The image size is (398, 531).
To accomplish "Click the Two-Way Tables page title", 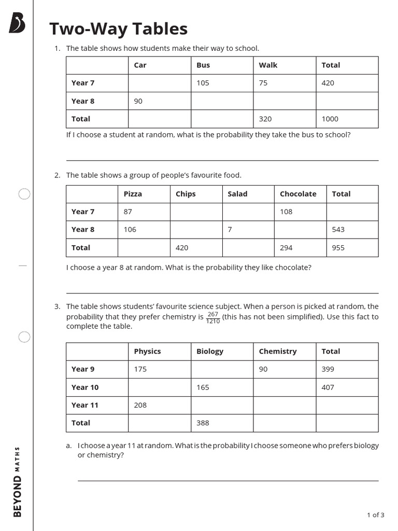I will (118, 29).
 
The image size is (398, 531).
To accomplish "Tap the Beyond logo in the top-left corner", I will (17, 23).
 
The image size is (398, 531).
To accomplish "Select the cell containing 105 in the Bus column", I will (203, 83).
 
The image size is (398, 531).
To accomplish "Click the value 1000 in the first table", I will (330, 119).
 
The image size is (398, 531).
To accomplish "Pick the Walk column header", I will (268, 65).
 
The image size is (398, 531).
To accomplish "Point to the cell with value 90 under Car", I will (138, 101).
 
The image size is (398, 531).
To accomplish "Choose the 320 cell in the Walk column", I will (265, 119).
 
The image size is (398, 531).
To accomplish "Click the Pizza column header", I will (133, 194).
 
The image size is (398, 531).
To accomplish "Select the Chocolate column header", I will (298, 194).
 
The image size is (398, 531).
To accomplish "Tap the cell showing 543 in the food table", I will (338, 229).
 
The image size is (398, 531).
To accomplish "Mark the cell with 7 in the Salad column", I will (230, 229).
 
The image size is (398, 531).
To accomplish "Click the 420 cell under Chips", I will (182, 248).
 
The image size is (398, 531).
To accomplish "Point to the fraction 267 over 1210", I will (212, 317).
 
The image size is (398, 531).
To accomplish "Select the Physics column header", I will (147, 352).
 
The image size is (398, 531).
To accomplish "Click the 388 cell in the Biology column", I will (203, 423).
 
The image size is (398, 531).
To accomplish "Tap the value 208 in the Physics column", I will (140, 405).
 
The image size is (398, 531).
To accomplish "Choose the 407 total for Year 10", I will (328, 387).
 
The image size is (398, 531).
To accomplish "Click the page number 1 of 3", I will (375, 515).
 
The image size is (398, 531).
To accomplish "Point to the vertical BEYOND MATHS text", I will (18, 481).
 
